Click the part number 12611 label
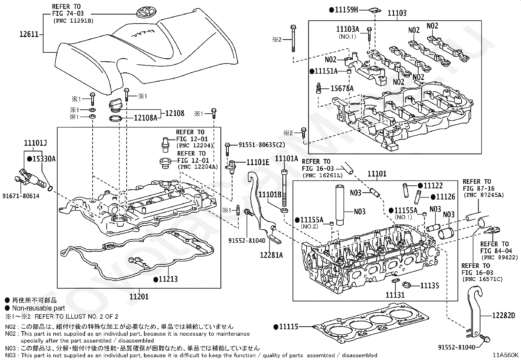(29, 34)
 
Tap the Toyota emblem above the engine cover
(146, 12)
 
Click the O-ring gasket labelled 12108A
(116, 119)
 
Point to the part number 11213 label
(168, 279)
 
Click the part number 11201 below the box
(139, 297)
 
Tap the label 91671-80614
(21, 196)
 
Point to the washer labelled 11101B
(284, 211)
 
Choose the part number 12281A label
(271, 255)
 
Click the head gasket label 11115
(289, 327)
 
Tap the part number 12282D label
(504, 315)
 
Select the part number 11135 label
(430, 286)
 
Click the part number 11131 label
(395, 295)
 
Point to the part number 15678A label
(342, 88)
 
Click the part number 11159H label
(346, 10)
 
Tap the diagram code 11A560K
(506, 355)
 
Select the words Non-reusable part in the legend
(39, 308)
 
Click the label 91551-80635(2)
(262, 145)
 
